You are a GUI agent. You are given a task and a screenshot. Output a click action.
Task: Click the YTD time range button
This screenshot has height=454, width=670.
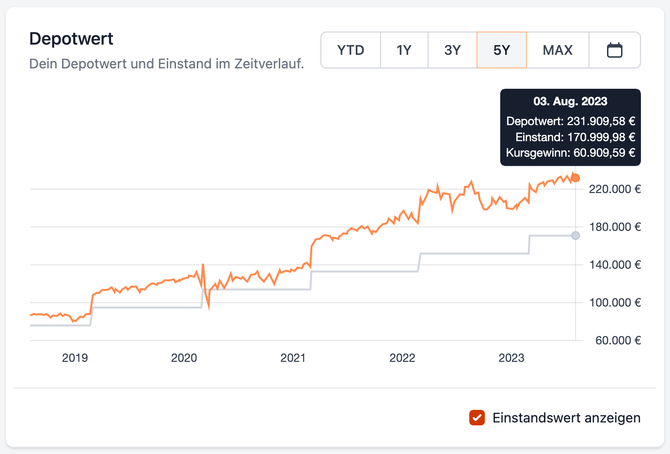[x=351, y=50]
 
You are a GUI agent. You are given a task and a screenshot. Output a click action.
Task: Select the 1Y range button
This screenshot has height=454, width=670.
[x=404, y=50]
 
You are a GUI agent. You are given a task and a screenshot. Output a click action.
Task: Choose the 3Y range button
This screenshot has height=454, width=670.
[x=452, y=50]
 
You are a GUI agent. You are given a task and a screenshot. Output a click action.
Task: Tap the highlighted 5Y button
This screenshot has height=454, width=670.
[x=502, y=50]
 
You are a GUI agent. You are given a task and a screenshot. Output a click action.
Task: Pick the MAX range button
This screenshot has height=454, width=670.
[x=558, y=50]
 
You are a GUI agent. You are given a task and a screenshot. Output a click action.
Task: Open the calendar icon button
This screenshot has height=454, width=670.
[x=615, y=50]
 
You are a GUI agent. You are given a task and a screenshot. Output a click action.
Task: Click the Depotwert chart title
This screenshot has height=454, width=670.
[x=71, y=39]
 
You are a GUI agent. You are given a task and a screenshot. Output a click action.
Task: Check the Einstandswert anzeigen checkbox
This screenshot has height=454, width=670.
[x=477, y=418]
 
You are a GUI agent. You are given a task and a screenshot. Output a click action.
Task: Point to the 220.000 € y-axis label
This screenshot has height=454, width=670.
[x=615, y=189]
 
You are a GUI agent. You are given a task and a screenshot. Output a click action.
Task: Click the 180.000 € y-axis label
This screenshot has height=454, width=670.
[x=615, y=227]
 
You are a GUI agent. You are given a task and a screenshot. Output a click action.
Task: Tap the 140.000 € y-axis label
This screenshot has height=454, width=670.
[x=615, y=265]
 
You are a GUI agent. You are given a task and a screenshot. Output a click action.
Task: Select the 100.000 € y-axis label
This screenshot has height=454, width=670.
[x=615, y=303]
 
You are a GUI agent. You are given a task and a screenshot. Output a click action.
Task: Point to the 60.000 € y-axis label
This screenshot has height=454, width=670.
[x=618, y=340]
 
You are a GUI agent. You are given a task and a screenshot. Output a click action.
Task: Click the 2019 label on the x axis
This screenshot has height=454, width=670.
[x=75, y=358]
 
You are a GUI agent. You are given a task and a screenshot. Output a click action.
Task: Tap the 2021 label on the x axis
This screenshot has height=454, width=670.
[x=293, y=358]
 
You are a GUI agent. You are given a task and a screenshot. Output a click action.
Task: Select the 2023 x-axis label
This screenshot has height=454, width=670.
[x=511, y=358]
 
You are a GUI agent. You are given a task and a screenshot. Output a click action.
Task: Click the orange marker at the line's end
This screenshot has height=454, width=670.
[x=575, y=178]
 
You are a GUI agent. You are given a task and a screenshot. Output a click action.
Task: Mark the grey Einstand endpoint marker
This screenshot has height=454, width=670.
[x=575, y=236]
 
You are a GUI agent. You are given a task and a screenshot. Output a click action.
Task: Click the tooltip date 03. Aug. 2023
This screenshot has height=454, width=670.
[x=570, y=101]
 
